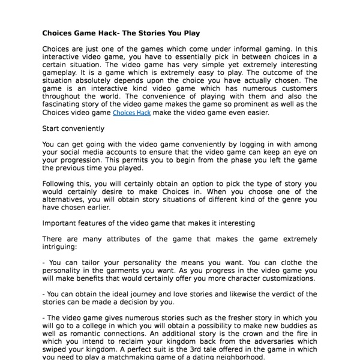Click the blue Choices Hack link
(x=132, y=112)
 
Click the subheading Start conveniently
(x=73, y=128)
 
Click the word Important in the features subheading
(x=61, y=223)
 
